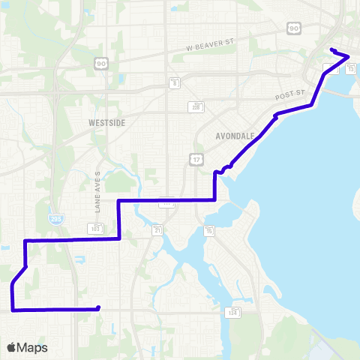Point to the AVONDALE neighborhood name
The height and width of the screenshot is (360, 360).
[235, 136]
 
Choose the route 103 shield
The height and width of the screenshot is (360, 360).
[95, 226]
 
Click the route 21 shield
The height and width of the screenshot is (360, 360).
[158, 229]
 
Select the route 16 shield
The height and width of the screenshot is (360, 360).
[210, 230]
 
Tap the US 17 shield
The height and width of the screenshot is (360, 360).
[196, 159]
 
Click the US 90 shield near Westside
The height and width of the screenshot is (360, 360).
[100, 64]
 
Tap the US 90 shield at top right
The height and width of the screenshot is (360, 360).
[292, 27]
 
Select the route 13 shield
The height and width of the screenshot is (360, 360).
[349, 69]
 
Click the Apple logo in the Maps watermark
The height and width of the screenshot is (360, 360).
[11, 347]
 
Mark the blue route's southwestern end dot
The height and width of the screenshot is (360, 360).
[98, 307]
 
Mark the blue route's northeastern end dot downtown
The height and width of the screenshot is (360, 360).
[331, 50]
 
